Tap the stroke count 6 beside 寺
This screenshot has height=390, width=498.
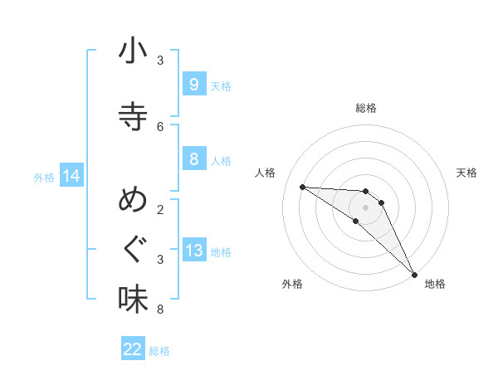[x=160, y=127]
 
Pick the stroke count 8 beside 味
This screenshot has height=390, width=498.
[x=160, y=310]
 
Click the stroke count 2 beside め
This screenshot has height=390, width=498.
[x=160, y=209]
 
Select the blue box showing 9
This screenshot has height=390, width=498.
[x=193, y=85]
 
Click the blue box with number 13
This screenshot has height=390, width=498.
[x=193, y=251]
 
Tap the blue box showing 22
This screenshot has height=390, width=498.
[x=133, y=349]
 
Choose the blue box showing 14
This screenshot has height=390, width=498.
[x=71, y=176]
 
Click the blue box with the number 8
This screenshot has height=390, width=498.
[x=193, y=159]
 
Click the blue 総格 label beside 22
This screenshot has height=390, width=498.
[x=159, y=351]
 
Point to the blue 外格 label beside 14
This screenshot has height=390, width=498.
[x=44, y=177]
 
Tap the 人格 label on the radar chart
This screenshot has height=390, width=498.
[x=266, y=173]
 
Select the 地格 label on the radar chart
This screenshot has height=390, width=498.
[x=435, y=284]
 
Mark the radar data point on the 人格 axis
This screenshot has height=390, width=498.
[x=302, y=187]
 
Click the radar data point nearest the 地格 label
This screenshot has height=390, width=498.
[x=414, y=273]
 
